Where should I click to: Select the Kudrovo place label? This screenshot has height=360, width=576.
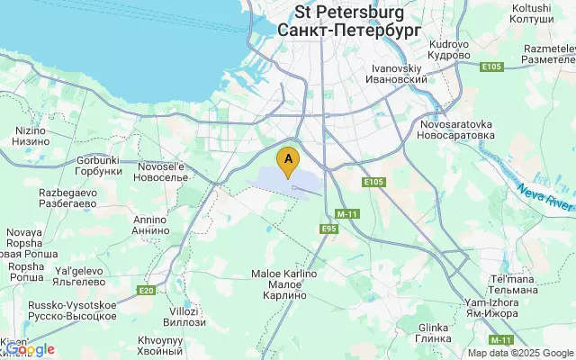coord(450,49)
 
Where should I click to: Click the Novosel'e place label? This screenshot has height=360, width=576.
coord(162,171)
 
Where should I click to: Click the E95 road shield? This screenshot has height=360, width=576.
coord(329,230)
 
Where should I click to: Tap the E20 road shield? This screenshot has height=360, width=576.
coord(146,290)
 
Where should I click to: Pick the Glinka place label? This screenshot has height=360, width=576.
coord(433,332)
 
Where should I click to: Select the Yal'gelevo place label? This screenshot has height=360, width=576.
coord(81,274)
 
